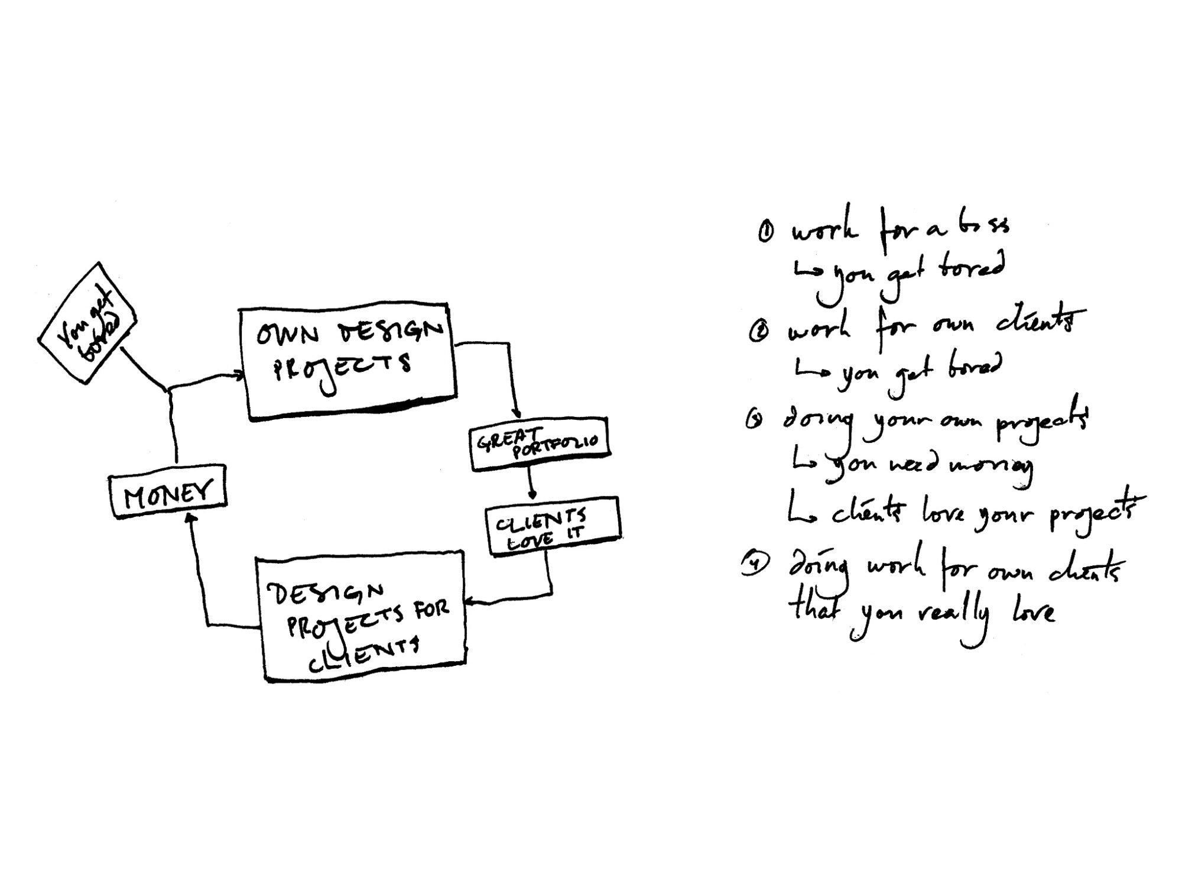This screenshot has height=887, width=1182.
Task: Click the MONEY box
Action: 168,492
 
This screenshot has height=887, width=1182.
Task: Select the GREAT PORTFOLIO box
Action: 539,444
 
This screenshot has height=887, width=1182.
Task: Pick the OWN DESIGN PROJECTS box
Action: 348,362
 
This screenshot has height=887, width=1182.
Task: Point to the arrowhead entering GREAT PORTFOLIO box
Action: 518,414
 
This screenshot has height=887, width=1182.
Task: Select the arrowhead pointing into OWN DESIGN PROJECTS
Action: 239,375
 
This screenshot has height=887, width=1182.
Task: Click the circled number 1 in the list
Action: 764,232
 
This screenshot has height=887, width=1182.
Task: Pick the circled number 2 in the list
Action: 757,334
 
